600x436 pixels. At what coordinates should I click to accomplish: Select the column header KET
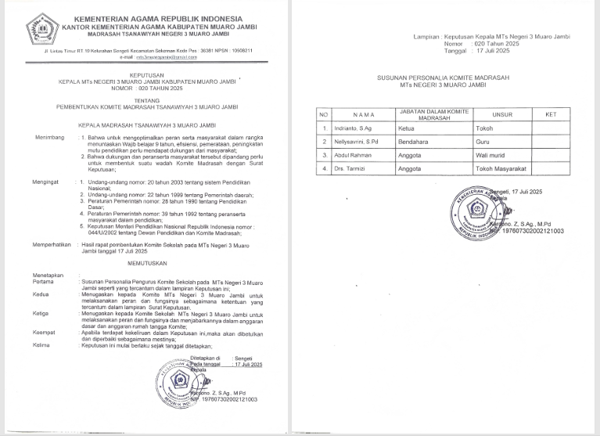pos(551,114)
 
